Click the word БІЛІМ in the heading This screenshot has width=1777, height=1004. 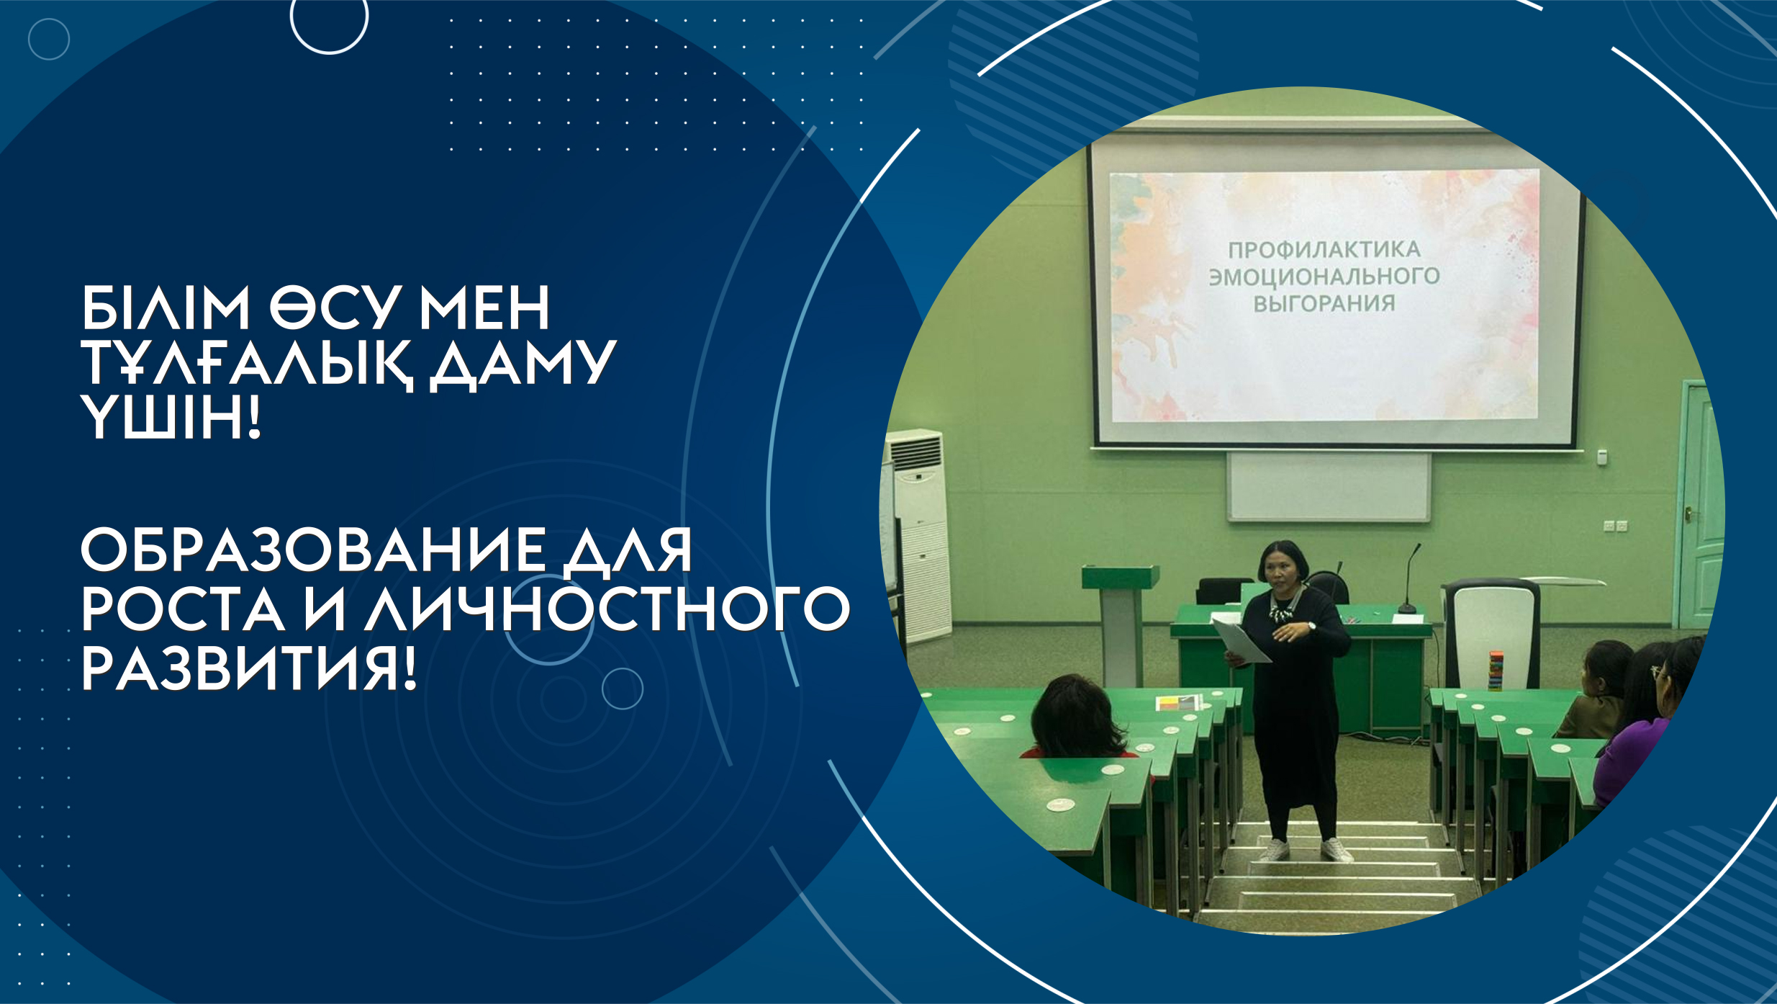click(x=165, y=308)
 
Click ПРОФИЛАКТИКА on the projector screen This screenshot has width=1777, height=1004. click(x=1324, y=250)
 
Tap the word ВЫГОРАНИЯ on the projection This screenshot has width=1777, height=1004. click(x=1324, y=303)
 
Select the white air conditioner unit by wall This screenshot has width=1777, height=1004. click(x=918, y=533)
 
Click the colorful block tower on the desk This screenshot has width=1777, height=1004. click(x=1496, y=669)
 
